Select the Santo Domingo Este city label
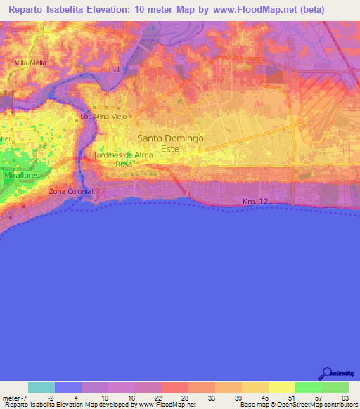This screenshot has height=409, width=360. coord(170,143)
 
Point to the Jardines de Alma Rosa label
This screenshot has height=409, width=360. coord(123,159)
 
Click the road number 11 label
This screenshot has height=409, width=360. coord(116,69)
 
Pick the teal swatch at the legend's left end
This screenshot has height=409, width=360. coord(41,387)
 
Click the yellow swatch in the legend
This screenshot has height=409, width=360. coord(282,387)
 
